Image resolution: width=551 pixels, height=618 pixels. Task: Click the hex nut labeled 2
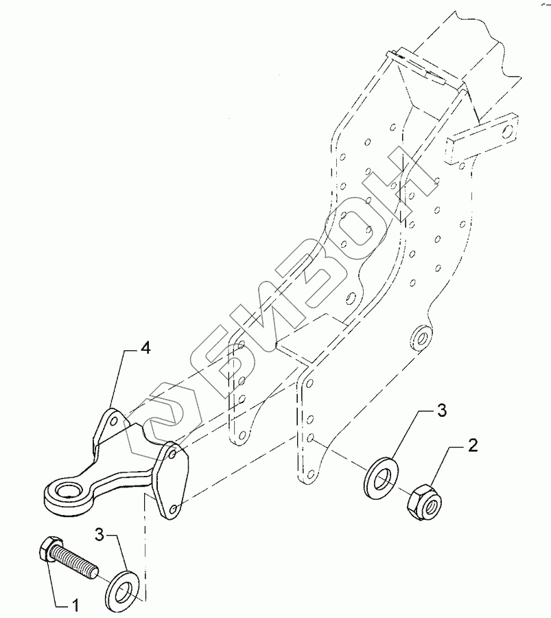425,505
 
